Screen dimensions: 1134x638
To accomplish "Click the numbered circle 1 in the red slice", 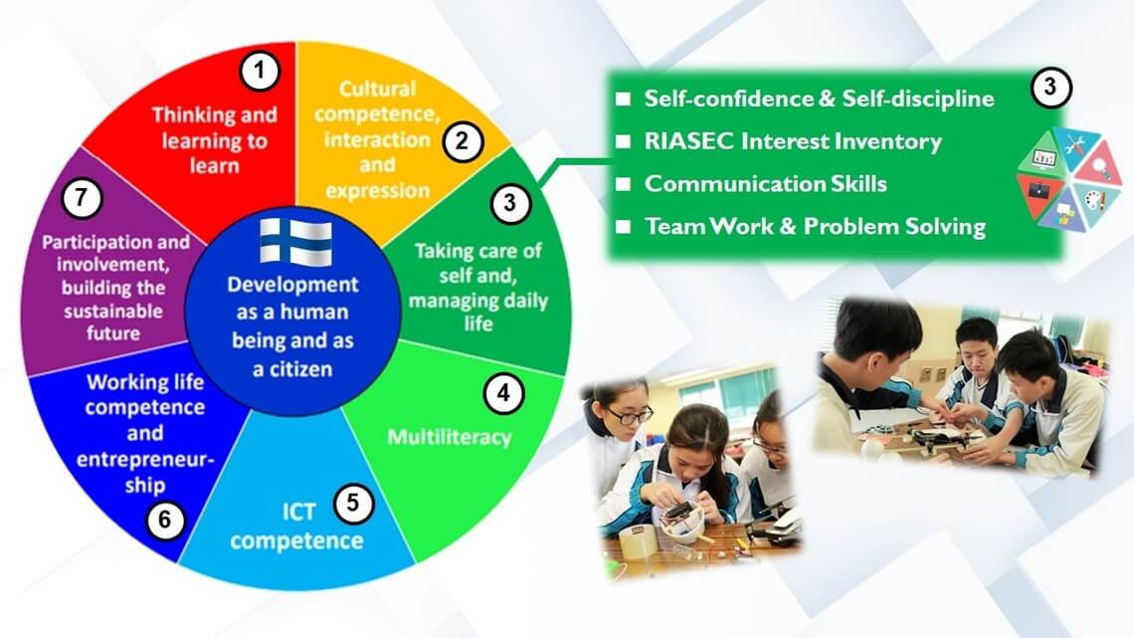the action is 260,71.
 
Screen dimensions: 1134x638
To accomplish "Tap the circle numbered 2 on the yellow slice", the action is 463,140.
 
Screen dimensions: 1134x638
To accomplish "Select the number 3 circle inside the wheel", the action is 510,203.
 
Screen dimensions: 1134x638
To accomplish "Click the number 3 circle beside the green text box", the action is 1050,87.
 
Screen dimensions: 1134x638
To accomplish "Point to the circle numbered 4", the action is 503,393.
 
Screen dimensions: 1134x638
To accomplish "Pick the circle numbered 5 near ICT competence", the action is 353,502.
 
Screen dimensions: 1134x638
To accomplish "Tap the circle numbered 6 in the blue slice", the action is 165,520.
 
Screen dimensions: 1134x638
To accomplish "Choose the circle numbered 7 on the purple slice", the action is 81,197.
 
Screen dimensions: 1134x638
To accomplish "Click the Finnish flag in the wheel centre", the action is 295,242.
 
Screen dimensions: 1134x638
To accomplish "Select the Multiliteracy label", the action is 449,437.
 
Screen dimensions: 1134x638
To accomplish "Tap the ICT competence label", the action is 297,527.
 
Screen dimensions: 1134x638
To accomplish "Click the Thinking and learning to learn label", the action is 214,139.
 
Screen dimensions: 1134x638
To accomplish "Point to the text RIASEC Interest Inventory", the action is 793,141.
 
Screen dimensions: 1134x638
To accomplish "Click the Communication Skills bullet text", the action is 765,184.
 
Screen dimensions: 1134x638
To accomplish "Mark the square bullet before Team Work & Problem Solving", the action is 624,226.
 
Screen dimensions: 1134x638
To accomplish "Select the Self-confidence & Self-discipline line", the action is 819,99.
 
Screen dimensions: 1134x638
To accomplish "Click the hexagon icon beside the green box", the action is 1069,180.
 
